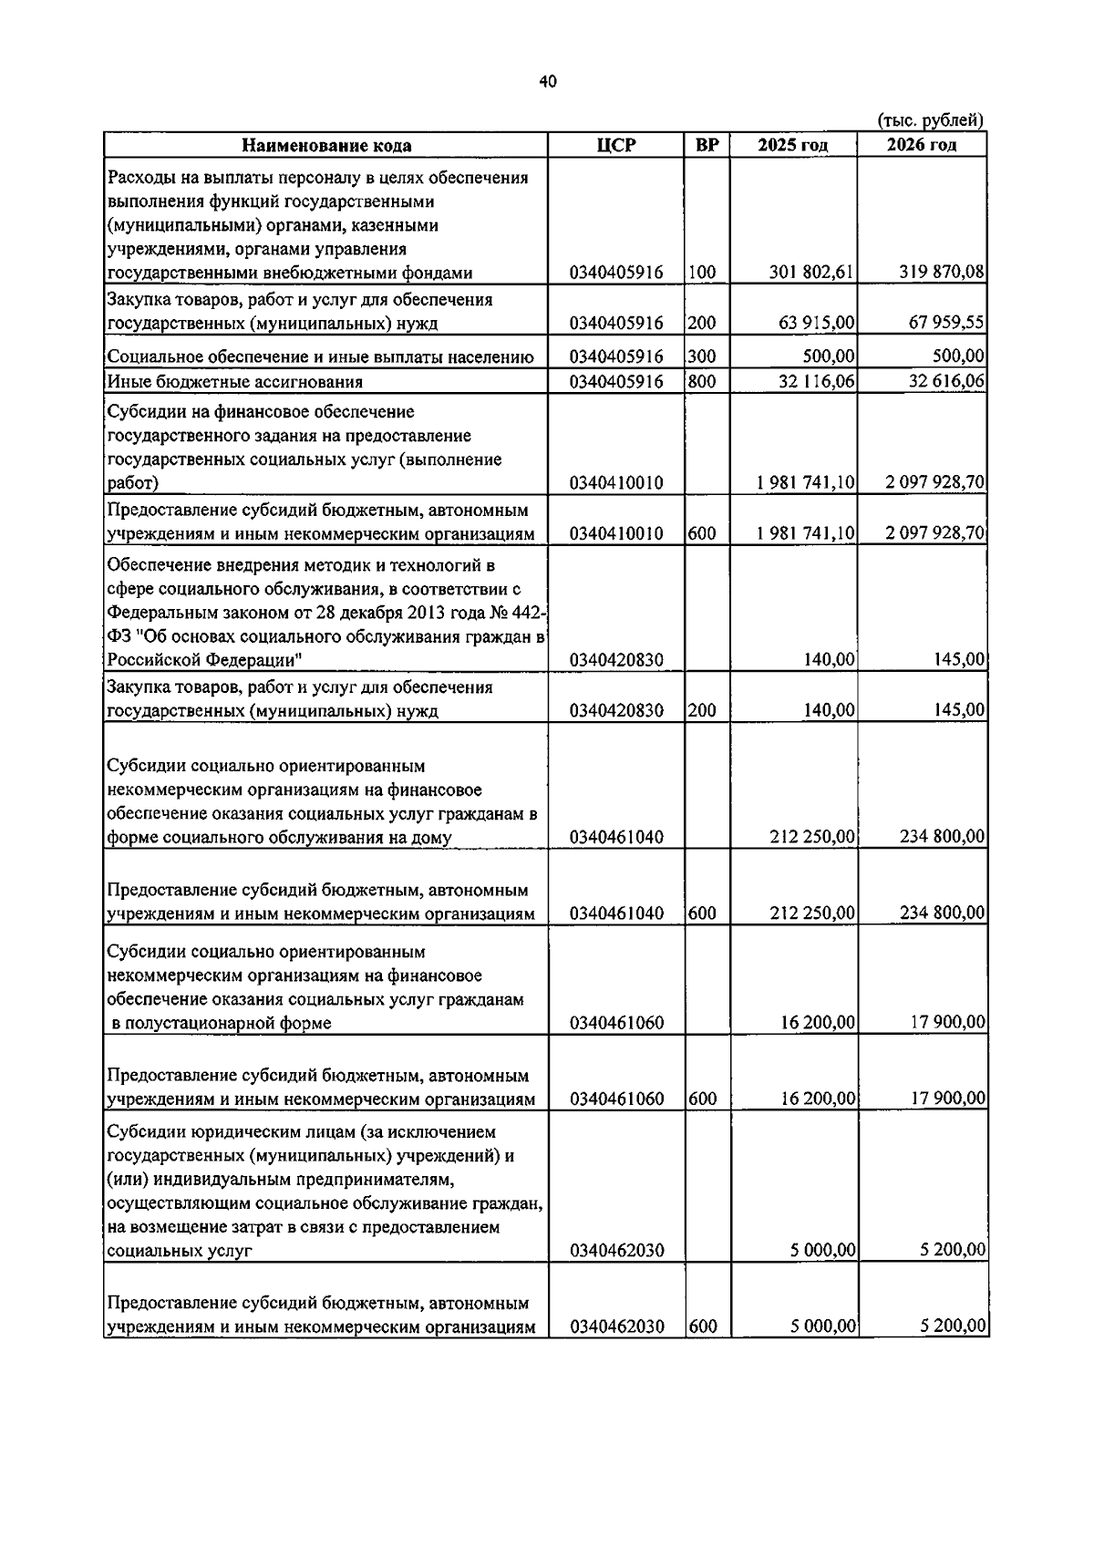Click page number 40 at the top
[x=547, y=82]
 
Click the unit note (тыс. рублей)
[x=930, y=120]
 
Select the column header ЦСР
[x=616, y=146]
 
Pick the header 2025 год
[x=793, y=146]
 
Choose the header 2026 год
[x=922, y=146]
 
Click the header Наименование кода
[x=325, y=146]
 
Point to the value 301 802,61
[x=811, y=272]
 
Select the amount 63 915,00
[x=817, y=323]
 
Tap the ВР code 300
[x=702, y=356]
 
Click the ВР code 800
[x=702, y=382]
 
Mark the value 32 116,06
[x=817, y=382]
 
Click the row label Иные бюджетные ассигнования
[x=235, y=382]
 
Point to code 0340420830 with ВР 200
[x=616, y=710]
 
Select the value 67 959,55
[x=946, y=323]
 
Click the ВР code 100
[x=702, y=272]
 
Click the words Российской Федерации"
[x=206, y=660]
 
